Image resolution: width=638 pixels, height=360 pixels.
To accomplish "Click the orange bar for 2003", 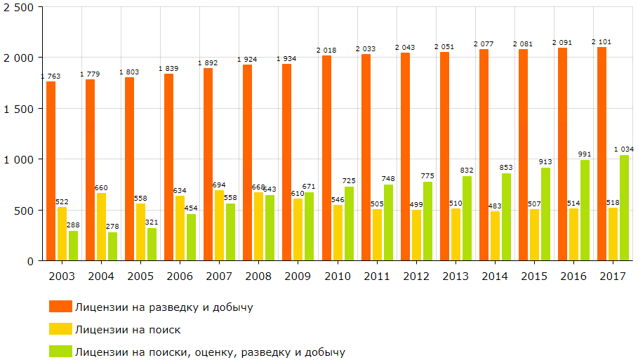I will (x=51, y=171).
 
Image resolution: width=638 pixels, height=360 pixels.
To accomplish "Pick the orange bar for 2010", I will (x=326, y=158).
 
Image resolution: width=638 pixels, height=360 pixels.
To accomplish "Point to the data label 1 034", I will (x=624, y=149).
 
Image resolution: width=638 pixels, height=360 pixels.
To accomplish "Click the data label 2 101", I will (x=602, y=41).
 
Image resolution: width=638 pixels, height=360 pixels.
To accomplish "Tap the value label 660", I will (x=102, y=187).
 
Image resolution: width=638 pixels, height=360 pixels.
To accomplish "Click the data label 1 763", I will (x=51, y=76).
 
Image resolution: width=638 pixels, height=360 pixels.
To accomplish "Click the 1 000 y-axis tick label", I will (x=19, y=159).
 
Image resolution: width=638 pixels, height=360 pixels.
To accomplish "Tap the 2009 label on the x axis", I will (x=298, y=276).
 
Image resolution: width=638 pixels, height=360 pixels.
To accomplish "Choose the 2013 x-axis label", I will (x=456, y=276).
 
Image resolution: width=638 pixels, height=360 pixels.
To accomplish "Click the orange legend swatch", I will (x=60, y=307).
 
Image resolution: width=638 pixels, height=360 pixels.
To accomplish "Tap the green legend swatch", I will (x=60, y=352).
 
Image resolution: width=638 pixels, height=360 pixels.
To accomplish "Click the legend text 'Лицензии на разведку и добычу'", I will (x=164, y=307).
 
